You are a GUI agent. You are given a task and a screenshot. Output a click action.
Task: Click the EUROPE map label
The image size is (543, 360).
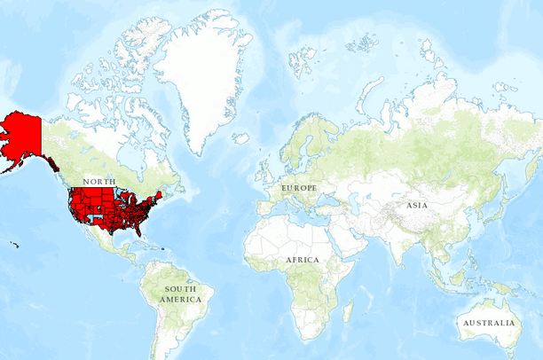coord(299,189)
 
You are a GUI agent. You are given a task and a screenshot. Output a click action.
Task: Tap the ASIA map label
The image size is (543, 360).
coord(417,205)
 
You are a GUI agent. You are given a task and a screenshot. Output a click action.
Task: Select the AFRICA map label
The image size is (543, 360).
coord(302,260)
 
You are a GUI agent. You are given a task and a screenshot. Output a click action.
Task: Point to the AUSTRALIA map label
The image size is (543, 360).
coord(488,323)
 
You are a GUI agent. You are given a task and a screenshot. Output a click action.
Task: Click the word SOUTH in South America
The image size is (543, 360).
coord(181,289)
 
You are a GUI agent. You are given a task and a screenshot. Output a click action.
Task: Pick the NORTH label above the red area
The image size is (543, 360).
coord(98,181)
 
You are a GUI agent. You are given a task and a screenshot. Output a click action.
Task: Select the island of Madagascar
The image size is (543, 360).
coord(348,309)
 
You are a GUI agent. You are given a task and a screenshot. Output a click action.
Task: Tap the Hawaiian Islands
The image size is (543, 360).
coord(14,245)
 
